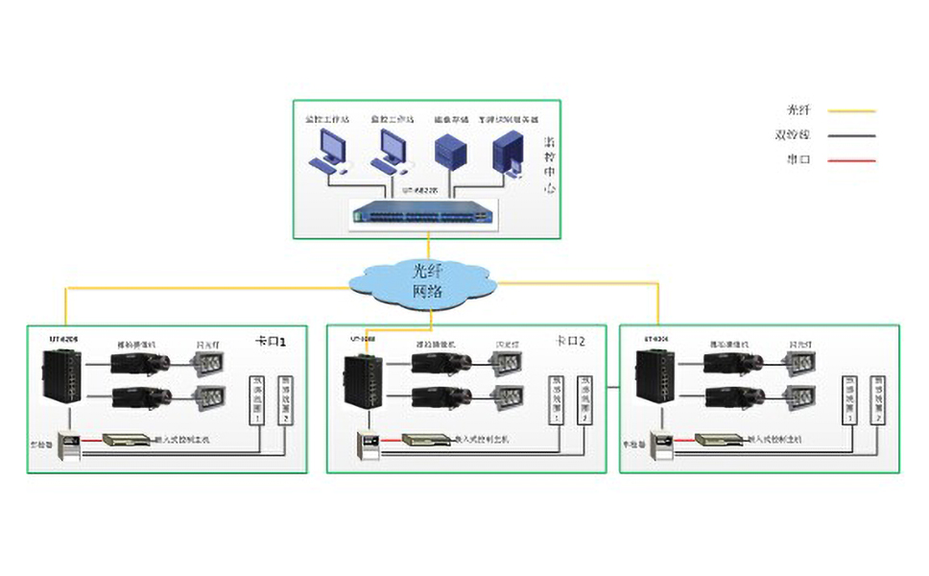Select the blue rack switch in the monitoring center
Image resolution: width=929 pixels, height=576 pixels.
[422, 213]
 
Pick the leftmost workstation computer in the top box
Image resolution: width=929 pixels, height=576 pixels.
[329, 150]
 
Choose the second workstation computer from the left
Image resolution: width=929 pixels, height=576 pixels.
[393, 150]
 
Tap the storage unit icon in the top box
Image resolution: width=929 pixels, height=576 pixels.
[450, 152]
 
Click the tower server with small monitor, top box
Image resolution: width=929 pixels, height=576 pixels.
[508, 154]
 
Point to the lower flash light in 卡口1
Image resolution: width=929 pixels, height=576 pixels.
[208, 396]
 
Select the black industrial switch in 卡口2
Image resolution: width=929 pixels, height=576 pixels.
[364, 380]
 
